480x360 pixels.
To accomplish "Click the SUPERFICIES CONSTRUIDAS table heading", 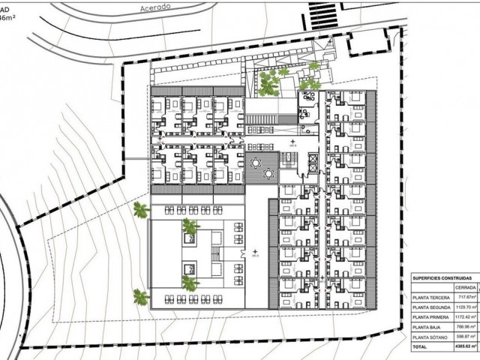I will pyautogui.click(x=441, y=277).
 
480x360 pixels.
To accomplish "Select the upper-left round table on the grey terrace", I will pyautogui.click(x=256, y=162).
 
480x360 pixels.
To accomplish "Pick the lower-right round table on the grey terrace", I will pyautogui.click(x=268, y=173).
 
